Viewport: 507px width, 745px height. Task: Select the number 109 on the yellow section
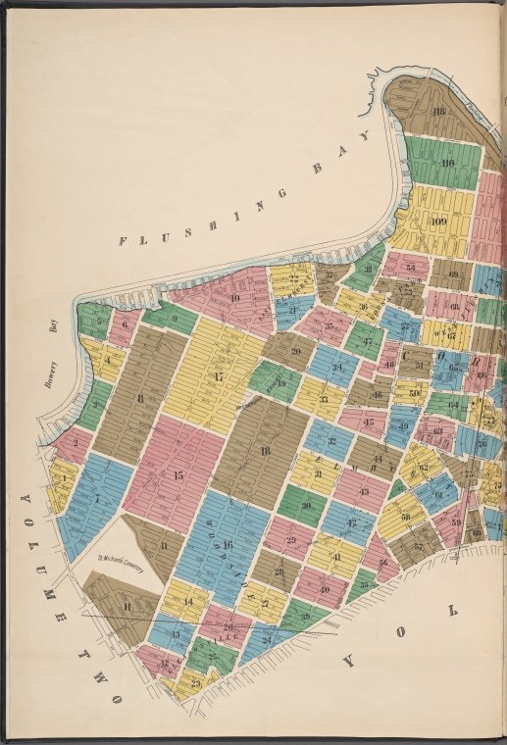pos(438,223)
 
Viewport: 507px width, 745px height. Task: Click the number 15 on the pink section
pos(177,474)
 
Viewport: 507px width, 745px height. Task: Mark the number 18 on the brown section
pos(265,450)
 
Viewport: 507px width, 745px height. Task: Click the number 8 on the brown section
pos(140,397)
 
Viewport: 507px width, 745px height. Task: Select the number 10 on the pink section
pos(234,298)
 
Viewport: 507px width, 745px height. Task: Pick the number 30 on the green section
pos(306,506)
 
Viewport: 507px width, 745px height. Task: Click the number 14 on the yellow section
pos(188,601)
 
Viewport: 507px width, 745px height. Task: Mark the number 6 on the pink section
pos(126,321)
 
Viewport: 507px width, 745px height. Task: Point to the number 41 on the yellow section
pos(336,557)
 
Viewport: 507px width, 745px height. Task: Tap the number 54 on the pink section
pos(410,267)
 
